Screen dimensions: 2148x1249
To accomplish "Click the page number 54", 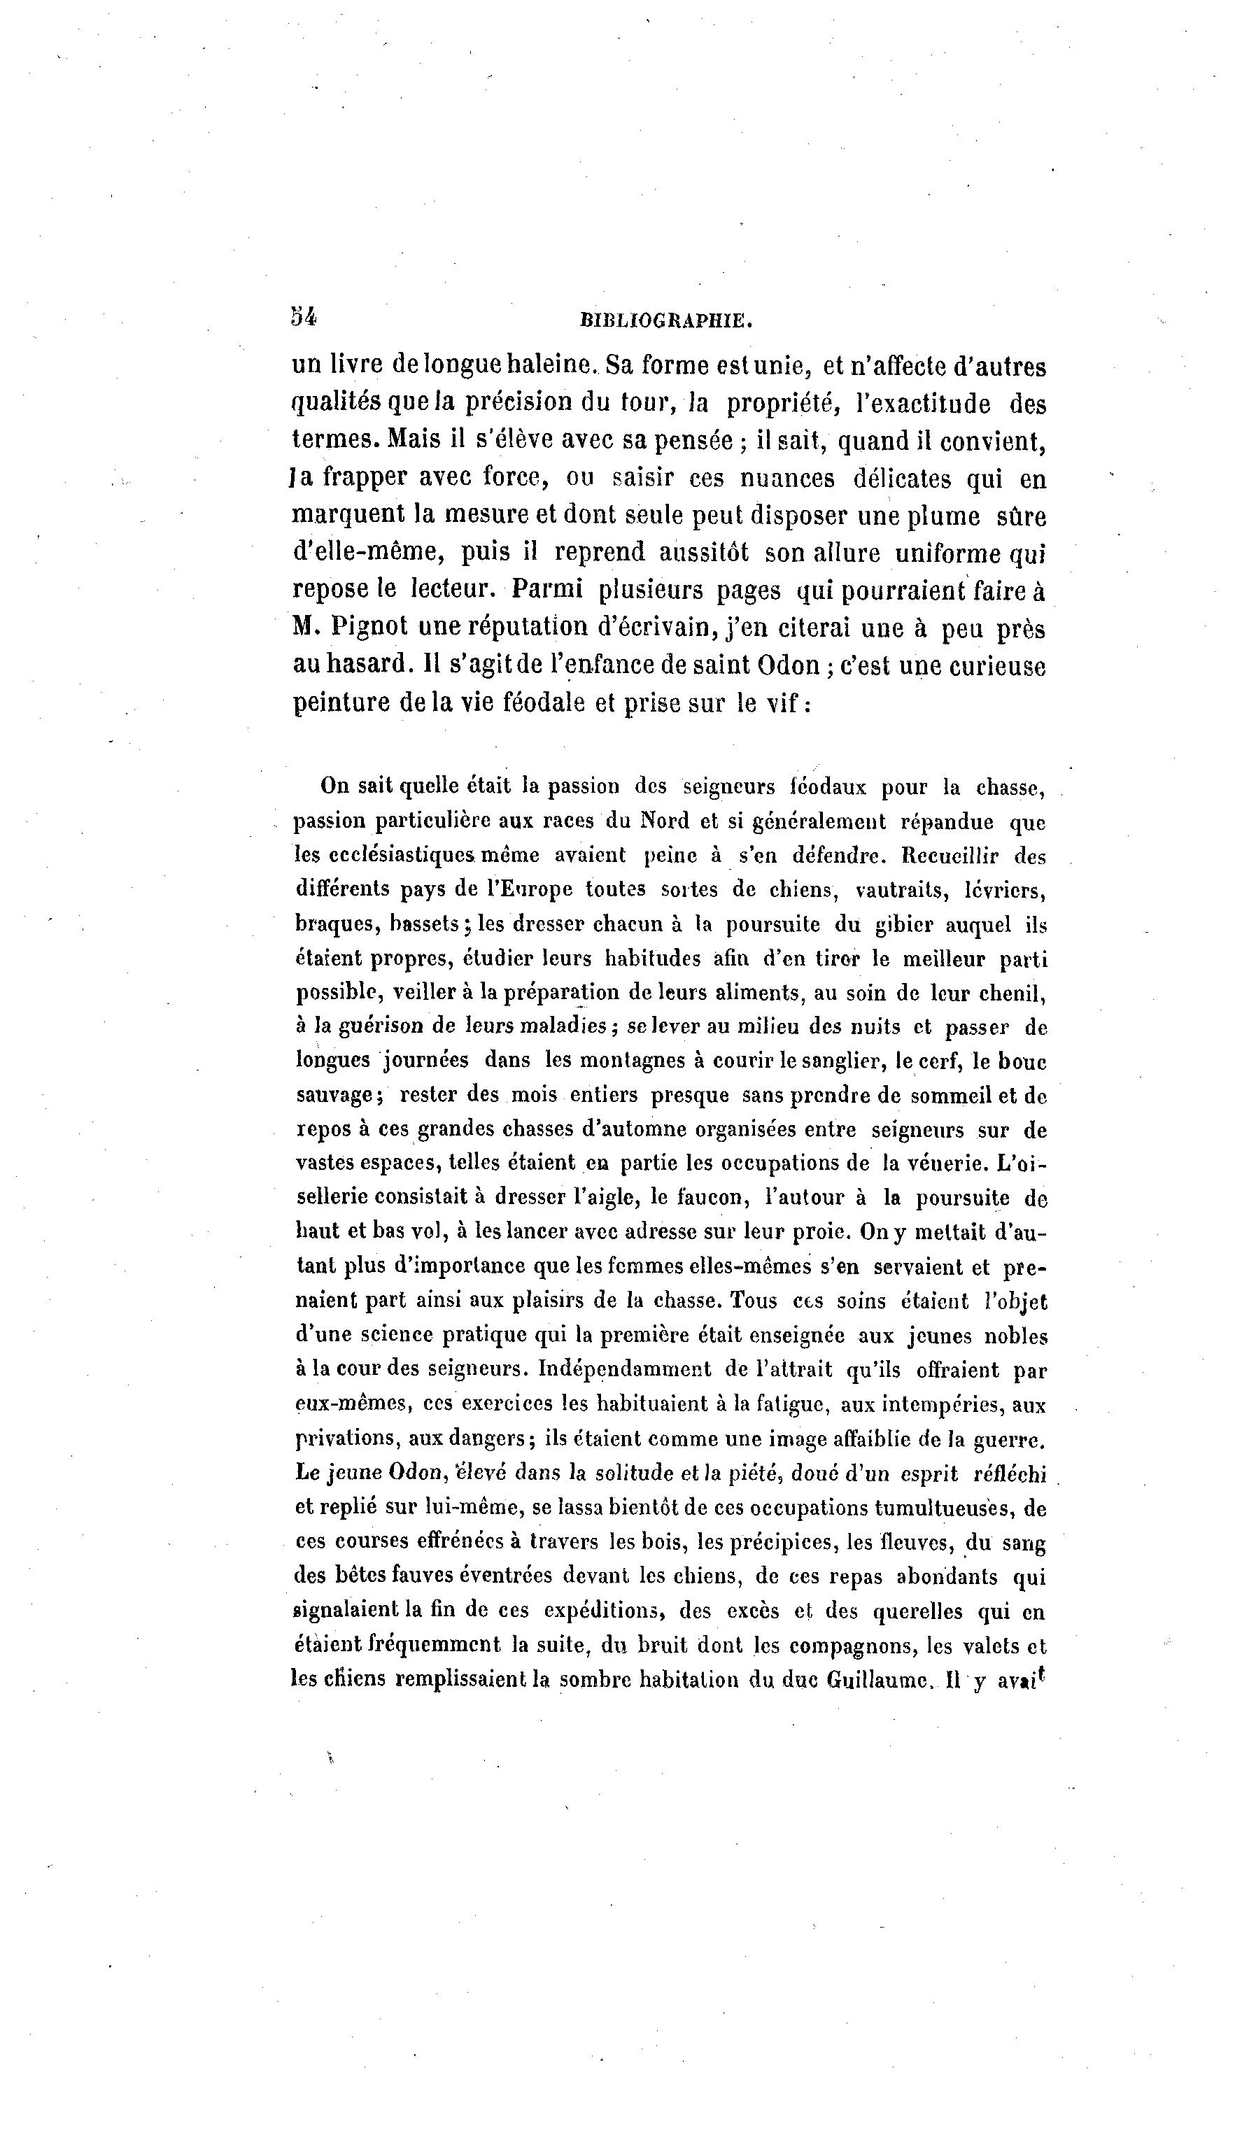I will tap(304, 317).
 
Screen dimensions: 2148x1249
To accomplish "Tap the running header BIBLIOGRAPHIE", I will tap(666, 321).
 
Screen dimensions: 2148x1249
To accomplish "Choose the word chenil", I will tap(1015, 993).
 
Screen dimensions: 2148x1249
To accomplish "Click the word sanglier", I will tap(800, 1061).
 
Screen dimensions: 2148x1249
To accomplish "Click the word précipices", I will tap(780, 1542).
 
